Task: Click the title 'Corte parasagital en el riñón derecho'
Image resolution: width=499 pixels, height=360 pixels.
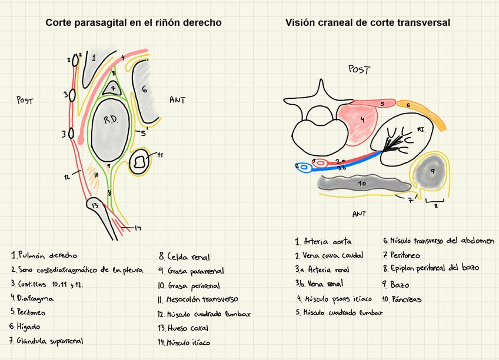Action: [134, 23]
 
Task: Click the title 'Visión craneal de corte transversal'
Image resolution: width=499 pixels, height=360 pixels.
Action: [368, 23]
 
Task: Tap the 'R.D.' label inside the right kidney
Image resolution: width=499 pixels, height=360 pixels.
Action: [111, 120]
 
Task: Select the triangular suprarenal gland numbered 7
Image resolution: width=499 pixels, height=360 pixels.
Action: [112, 89]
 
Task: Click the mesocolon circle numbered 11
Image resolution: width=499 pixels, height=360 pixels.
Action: [140, 161]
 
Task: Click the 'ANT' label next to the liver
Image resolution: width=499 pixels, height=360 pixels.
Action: [177, 100]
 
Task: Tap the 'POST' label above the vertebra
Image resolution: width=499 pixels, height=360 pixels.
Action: [359, 70]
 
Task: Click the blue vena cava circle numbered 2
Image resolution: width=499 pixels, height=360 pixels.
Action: [304, 168]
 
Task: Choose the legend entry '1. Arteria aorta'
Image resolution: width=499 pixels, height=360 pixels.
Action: [324, 241]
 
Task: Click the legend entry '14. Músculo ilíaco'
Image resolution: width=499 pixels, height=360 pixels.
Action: [184, 342]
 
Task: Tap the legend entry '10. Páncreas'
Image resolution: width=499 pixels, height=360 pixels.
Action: [402, 299]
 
